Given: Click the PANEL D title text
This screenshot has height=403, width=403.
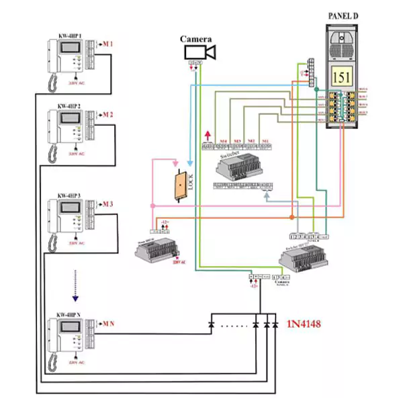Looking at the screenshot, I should [347, 15].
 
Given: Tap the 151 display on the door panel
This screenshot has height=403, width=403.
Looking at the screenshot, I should [342, 77].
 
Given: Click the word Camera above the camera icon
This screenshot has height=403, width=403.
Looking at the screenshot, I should [196, 39].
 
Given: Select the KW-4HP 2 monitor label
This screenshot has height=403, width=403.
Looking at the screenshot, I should [69, 106].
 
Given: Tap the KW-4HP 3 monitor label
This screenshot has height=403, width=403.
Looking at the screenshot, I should [69, 195].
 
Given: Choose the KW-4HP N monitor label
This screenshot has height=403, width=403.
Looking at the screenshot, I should [69, 315].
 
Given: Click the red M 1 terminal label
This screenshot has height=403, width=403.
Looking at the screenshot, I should [107, 44].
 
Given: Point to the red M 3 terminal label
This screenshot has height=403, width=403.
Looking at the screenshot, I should [107, 204].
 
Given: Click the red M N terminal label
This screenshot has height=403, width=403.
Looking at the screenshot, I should [108, 324].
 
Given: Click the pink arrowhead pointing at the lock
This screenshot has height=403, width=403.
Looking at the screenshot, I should [175, 164].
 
